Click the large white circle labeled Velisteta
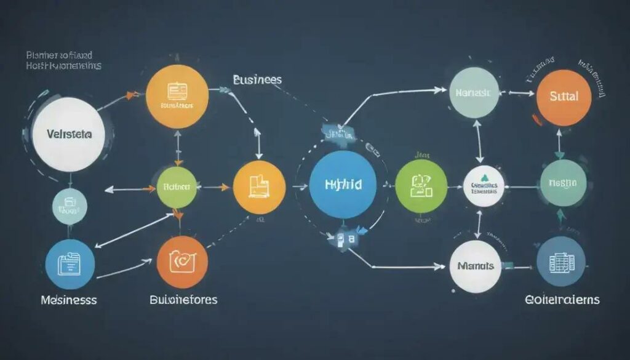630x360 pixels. tap(68, 134)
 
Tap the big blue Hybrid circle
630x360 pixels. tap(343, 185)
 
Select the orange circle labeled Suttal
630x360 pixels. tap(564, 97)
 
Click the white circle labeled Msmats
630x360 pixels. tap(475, 266)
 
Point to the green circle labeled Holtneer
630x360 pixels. tap(177, 185)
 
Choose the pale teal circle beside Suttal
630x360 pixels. tap(474, 93)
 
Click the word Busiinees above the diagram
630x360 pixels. tap(257, 80)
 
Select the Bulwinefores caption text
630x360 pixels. tap(183, 300)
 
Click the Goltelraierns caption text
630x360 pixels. tap(562, 300)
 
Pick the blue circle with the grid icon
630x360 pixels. tap(560, 261)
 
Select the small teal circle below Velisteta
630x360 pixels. tap(70, 207)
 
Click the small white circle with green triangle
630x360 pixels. tap(484, 186)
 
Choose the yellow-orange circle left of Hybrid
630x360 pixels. tap(260, 187)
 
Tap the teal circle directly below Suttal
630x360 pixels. tap(562, 183)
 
